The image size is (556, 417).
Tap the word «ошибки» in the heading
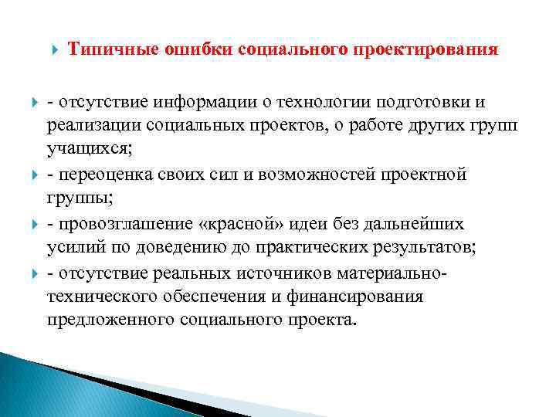185,50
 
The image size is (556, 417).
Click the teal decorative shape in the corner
39,386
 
